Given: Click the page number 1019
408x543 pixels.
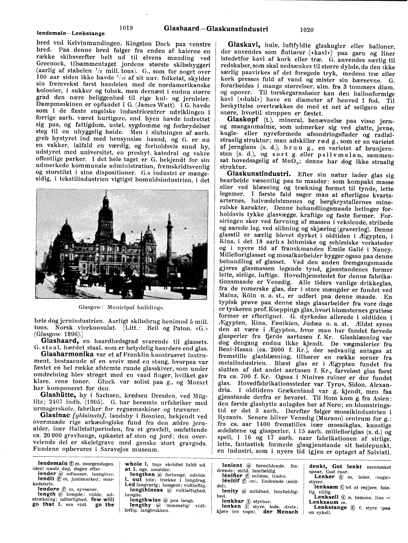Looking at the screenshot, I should tap(126, 28).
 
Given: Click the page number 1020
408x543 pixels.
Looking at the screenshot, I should tap(307, 29).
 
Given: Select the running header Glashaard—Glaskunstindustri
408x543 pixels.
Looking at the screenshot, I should tap(216, 28).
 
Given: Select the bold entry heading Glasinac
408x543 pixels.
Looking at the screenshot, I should tap(58, 417).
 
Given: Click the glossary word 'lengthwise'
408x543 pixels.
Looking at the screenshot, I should tap(145, 500).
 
